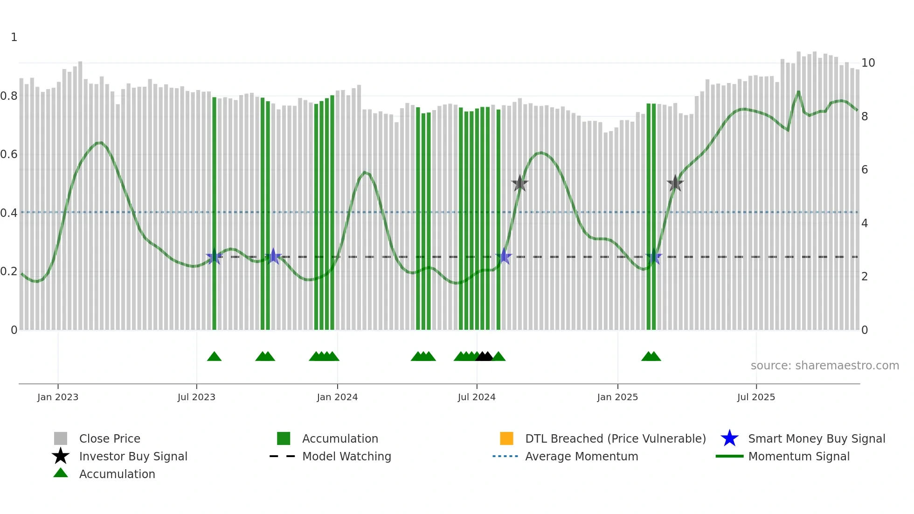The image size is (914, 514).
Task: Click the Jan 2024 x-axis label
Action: coord(337,397)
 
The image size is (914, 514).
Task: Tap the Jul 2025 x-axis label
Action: coord(756,397)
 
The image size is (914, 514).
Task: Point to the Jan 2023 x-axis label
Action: coord(58,397)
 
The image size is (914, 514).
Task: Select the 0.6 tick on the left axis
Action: coord(9,154)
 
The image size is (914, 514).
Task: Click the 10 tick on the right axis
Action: coord(868,63)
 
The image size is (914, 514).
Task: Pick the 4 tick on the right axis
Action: coord(865,223)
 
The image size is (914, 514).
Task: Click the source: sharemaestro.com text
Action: coord(824,366)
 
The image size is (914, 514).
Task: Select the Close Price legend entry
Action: coord(110,438)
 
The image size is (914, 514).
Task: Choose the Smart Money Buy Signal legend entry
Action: coord(817,438)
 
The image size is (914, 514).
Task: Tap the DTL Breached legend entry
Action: coord(615,438)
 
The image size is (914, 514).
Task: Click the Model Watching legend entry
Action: coord(346,456)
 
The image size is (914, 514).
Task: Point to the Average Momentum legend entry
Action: coord(582,456)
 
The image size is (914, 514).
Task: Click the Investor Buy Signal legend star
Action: coord(61,456)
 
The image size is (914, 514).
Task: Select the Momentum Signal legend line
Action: coord(729,456)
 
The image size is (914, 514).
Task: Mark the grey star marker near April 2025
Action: coord(675,184)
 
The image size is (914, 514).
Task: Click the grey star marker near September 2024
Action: coord(519,184)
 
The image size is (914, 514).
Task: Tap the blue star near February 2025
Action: coord(654,257)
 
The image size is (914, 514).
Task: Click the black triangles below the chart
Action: coord(484,357)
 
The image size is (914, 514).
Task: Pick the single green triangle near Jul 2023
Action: coord(214,357)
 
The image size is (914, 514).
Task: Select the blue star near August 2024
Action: coord(504,257)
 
